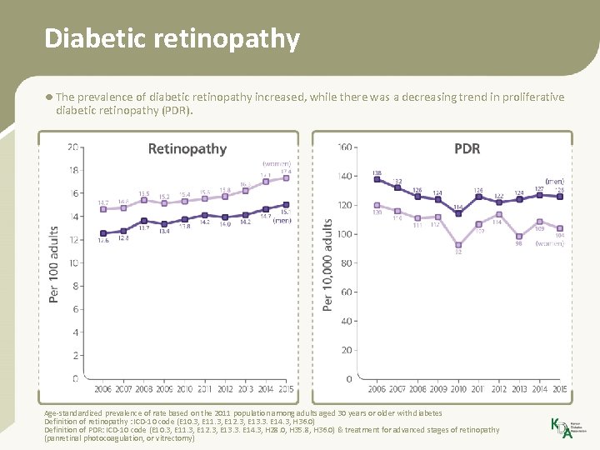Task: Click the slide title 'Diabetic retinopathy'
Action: [x=172, y=38]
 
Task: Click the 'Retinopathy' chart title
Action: [x=187, y=148]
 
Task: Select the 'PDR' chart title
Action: [x=467, y=148]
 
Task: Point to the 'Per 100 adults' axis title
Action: [x=54, y=264]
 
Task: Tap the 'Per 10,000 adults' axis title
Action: [x=327, y=265]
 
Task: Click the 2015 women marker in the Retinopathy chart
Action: [x=286, y=177]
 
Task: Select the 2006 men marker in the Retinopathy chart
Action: [x=103, y=233]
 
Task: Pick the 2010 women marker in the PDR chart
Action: [x=458, y=245]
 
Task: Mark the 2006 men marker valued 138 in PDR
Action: [x=377, y=179]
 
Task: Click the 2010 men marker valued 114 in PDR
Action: [x=458, y=213]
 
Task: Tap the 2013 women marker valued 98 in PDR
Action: [x=518, y=237]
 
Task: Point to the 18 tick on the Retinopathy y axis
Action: [x=73, y=170]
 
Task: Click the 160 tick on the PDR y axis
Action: [x=344, y=147]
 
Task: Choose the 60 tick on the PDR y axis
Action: [x=347, y=292]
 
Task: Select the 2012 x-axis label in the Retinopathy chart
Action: [x=225, y=388]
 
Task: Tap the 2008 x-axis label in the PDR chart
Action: [x=417, y=388]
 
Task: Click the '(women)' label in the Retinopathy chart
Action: [x=276, y=163]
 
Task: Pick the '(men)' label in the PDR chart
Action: [x=554, y=181]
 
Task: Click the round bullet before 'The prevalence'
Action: [x=49, y=97]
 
